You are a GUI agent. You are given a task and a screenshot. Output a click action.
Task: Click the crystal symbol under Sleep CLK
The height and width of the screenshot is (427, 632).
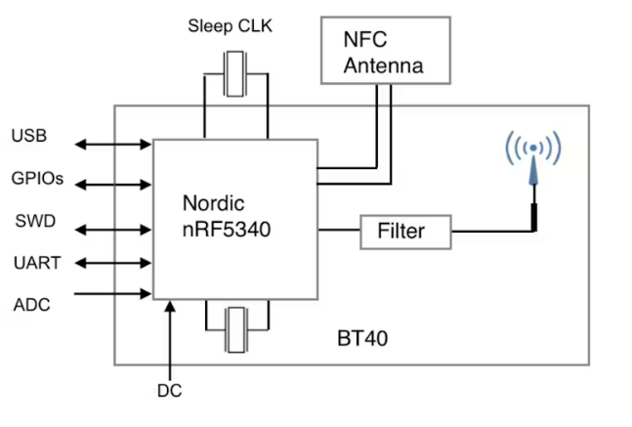coord(234,75)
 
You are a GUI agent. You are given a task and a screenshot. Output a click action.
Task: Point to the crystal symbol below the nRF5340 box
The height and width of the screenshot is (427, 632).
coord(234,328)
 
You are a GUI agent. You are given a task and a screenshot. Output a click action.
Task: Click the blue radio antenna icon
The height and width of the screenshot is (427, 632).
coord(532,166)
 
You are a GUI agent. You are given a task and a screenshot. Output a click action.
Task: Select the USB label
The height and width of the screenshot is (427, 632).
coord(29,135)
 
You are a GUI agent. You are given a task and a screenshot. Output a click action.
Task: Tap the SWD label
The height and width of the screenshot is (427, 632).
coord(31,222)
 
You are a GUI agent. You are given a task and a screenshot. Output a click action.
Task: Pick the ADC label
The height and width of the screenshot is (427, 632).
coord(30,304)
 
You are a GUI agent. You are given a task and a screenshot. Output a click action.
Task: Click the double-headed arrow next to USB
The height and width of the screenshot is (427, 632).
coord(113,145)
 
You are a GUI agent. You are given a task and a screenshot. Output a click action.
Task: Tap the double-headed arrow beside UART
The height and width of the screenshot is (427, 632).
coord(113,263)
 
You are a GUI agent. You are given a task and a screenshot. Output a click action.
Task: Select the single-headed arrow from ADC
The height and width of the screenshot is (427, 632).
coord(113,291)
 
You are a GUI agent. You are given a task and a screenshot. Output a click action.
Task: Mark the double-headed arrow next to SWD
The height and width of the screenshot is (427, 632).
coord(113,229)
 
